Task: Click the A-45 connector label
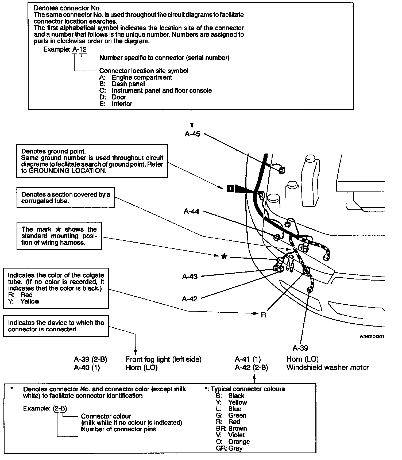192,134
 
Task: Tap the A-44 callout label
191,212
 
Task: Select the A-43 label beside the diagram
190,277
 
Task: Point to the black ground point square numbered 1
230,189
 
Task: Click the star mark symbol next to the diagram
225,257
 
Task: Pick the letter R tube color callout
264,315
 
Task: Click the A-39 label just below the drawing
300,348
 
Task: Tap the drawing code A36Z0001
372,337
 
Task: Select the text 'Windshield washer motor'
327,367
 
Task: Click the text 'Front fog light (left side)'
163,359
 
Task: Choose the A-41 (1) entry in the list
248,359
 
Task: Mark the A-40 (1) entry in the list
87,368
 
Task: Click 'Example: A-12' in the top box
65,49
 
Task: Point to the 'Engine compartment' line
142,78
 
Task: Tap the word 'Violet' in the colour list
237,435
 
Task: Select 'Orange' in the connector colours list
239,442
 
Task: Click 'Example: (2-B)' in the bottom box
45,408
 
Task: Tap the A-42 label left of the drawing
190,299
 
